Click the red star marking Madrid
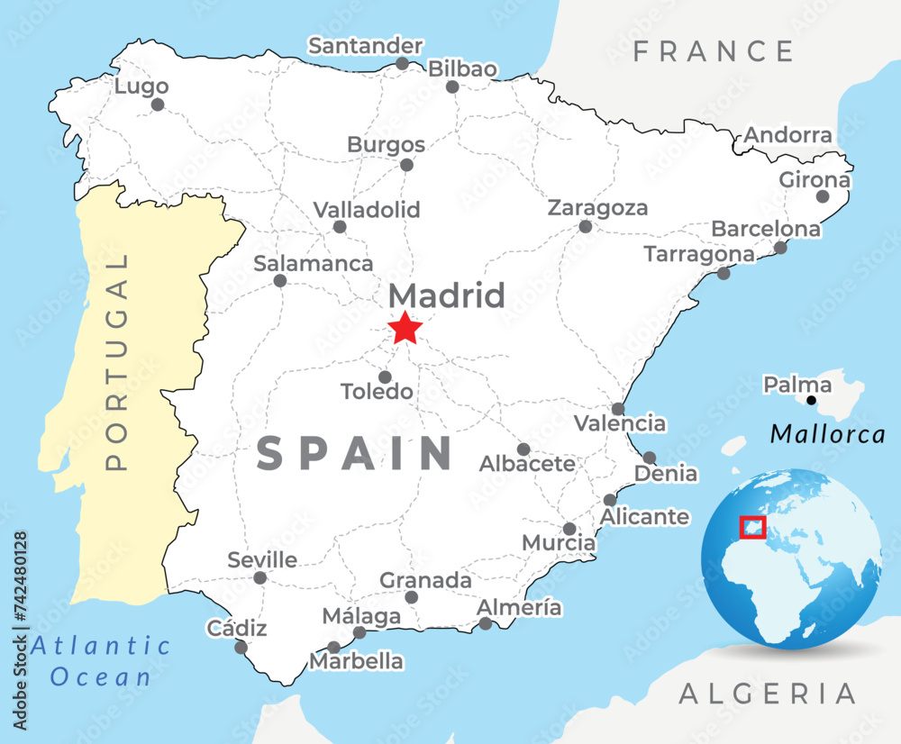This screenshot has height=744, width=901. click(405, 328)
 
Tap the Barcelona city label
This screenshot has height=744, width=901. click(766, 229)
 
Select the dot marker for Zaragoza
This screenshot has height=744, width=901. click(586, 226)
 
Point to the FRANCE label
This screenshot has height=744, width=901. click(713, 51)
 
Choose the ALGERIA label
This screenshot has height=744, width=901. click(767, 694)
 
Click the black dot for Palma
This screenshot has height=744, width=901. click(811, 400)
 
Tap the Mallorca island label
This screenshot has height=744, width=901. click(828, 434)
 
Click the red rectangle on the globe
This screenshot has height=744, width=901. click(751, 527)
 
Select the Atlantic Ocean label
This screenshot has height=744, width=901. click(101, 661)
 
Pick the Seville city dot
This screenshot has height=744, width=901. click(259, 578)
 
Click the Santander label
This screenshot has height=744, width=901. click(365, 46)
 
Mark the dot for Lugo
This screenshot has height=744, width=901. click(158, 104)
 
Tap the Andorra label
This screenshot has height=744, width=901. click(788, 136)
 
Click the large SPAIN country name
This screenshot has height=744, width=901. click(354, 453)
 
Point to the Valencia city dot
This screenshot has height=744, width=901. click(617, 409)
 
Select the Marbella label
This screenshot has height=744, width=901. click(357, 661)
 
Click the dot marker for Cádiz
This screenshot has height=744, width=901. click(241, 647)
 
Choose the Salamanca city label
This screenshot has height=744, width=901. click(313, 264)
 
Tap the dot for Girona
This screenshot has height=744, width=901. click(822, 196)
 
